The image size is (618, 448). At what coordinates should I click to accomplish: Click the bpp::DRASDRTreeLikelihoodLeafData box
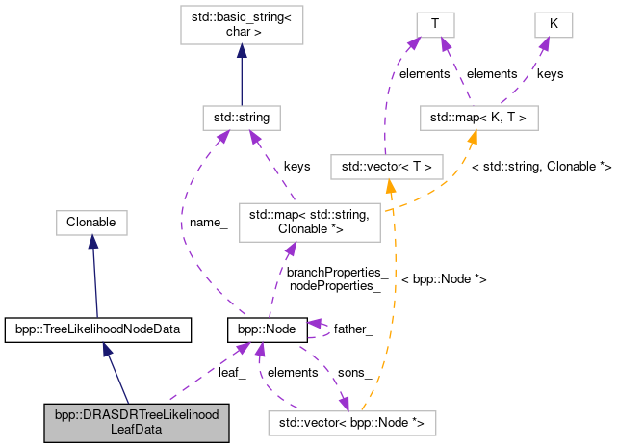coord(136,423)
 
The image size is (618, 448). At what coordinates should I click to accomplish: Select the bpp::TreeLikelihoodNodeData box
coord(97,329)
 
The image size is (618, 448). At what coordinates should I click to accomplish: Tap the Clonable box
coord(91,223)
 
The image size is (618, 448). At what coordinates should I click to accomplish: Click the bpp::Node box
coord(267,329)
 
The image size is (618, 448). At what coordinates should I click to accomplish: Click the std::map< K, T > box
coord(478,119)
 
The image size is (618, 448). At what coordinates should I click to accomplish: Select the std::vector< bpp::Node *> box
coord(352,422)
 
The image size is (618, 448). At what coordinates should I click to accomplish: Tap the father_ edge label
coord(353,329)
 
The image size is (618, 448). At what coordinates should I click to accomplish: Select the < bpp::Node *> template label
coord(443,278)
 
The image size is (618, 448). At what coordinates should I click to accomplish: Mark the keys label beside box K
coord(550,73)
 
